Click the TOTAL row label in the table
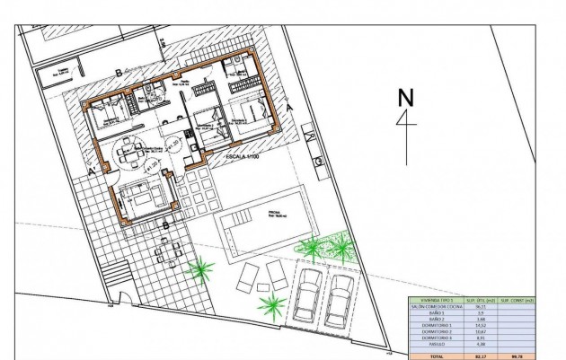436,356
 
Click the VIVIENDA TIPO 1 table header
436,299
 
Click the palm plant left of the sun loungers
202,268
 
